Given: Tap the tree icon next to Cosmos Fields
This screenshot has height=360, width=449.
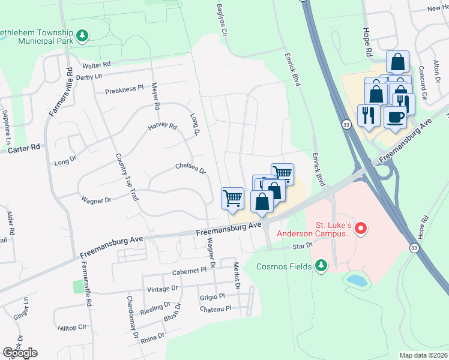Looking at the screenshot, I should (321, 265).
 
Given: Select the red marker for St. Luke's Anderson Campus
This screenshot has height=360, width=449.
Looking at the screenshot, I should (360, 228).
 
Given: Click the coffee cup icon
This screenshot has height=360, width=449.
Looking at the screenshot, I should (394, 116).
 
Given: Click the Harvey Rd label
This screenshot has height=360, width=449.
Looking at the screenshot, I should (163, 127).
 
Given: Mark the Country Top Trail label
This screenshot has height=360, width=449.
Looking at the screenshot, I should (125, 180).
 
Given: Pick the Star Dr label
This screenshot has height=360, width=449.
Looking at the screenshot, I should (303, 245).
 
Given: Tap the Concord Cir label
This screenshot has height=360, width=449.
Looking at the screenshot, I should (424, 83).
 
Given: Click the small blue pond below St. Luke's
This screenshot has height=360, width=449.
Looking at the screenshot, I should (357, 279).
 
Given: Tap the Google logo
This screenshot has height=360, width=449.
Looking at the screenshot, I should (20, 352).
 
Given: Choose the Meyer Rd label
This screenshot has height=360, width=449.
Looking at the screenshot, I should (155, 95).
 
